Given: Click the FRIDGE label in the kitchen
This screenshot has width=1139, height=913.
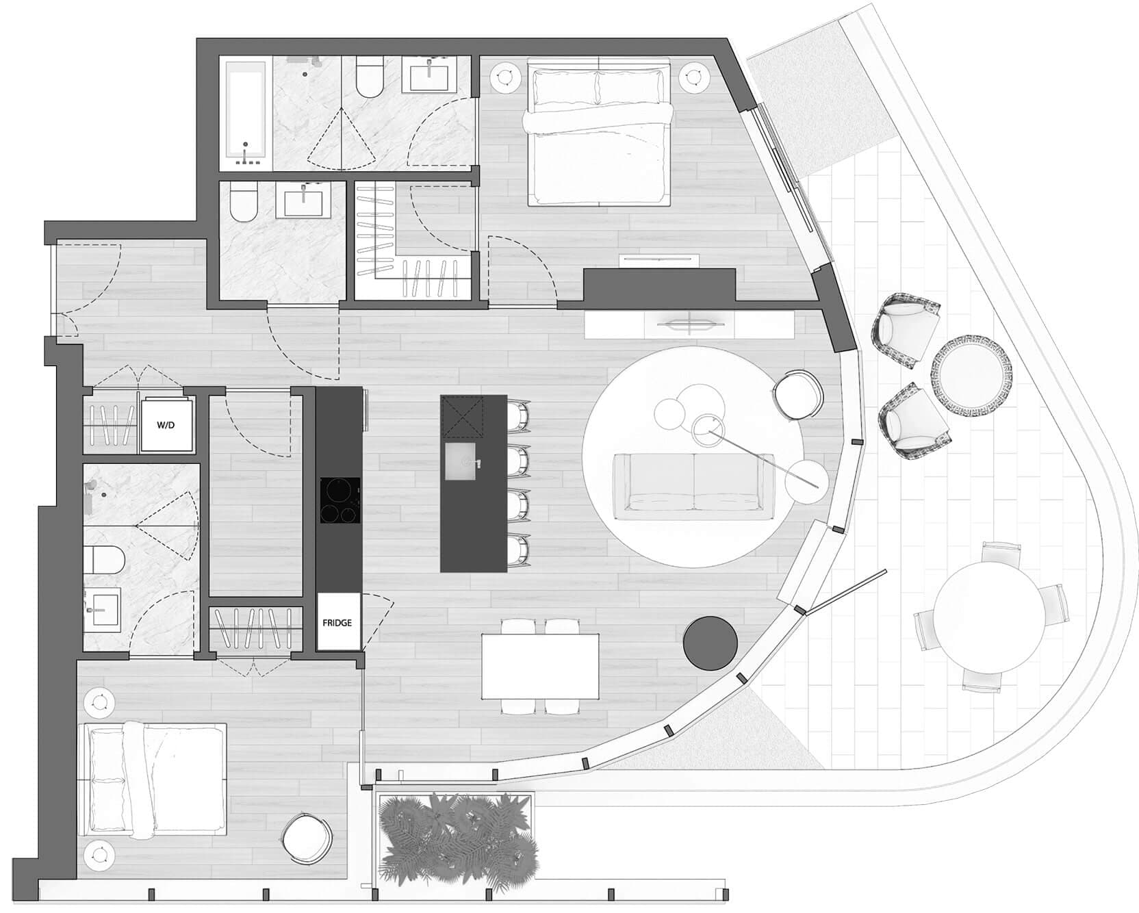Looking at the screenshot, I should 337,623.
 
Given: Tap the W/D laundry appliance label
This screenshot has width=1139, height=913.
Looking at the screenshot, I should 166,425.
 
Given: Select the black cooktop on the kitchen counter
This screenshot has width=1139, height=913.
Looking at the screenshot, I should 340,501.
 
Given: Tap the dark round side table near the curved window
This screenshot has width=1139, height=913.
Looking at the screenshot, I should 711,643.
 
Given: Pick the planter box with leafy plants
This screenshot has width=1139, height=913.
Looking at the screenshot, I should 455,836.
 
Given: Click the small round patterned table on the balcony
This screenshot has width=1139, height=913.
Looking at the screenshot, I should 972,370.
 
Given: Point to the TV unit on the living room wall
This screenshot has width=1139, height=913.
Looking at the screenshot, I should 689,324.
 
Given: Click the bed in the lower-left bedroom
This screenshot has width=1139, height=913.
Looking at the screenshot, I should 153,779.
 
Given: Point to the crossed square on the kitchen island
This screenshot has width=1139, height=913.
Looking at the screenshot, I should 462,415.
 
